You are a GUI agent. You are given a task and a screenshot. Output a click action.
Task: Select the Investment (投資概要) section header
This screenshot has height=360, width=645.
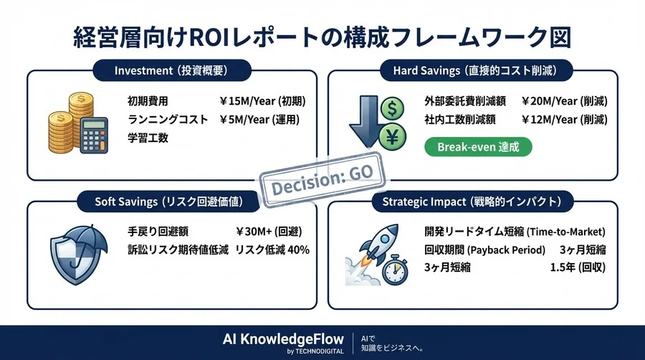click(171, 70)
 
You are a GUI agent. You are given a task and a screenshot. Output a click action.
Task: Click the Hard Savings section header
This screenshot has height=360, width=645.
click(474, 70)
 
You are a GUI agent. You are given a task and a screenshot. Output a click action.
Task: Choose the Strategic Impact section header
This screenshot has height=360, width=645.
click(474, 202)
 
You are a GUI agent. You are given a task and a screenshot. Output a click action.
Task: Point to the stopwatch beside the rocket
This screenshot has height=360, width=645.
click(392, 272)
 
